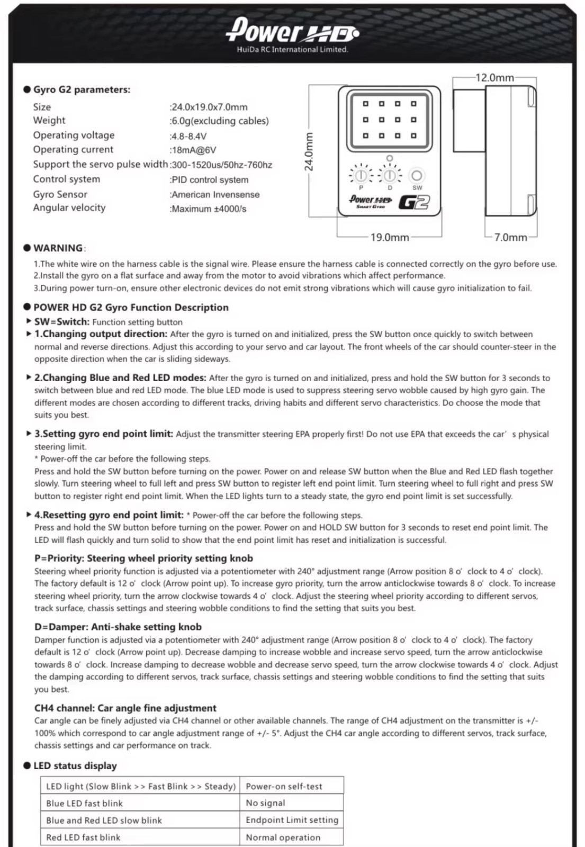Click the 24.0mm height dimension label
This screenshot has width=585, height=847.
coord(309,151)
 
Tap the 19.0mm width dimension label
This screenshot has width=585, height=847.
coord(389,237)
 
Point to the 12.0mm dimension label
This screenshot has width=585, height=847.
coord(494,78)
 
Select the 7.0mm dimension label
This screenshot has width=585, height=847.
coord(510,237)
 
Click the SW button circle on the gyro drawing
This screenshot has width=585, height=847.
coord(417,175)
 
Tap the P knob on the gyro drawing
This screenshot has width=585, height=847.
coord(361,175)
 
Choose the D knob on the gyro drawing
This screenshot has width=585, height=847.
coord(390,175)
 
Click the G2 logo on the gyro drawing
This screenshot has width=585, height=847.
coord(414,202)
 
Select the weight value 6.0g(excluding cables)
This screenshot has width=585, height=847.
coord(220,121)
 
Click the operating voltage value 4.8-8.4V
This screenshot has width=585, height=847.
coord(188,136)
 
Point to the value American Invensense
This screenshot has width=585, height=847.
coord(215,194)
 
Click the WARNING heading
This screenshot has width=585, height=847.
coord(58,248)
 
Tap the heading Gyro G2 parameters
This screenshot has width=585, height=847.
coord(82,89)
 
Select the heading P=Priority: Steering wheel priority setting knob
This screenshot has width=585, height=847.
coord(143,558)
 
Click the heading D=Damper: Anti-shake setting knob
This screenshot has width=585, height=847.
coord(118,627)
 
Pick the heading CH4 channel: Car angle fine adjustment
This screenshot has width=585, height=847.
coord(125,708)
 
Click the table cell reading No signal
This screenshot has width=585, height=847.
coord(265,803)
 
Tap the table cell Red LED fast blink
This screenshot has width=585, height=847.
coord(83,837)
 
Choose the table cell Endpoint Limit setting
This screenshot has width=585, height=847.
coord(292,820)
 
